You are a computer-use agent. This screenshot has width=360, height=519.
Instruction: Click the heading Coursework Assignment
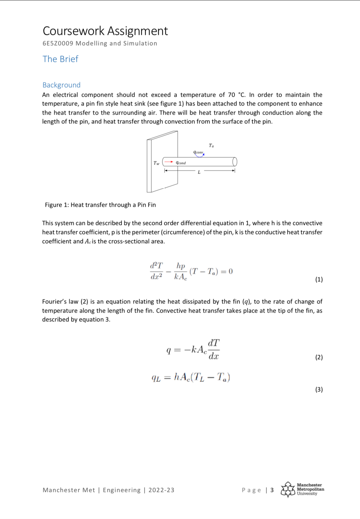(x=105, y=31)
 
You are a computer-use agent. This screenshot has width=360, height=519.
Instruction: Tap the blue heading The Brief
(x=60, y=59)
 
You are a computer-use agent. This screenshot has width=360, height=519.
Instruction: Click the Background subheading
(x=61, y=85)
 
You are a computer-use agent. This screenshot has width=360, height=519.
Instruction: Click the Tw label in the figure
(x=156, y=163)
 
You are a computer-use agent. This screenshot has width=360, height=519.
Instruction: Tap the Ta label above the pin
(x=211, y=146)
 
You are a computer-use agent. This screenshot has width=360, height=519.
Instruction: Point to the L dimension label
(x=199, y=172)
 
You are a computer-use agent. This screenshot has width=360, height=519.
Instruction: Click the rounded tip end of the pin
(x=235, y=161)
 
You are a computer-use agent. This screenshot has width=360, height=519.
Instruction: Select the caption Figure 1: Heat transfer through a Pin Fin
(x=100, y=205)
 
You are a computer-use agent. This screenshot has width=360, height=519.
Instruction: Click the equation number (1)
(x=319, y=279)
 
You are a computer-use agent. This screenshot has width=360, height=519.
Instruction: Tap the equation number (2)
(x=319, y=357)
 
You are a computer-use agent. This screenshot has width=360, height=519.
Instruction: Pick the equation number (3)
(x=319, y=389)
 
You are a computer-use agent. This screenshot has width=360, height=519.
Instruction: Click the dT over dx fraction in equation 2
(x=214, y=349)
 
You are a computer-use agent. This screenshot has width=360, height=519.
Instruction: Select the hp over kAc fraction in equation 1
(x=180, y=271)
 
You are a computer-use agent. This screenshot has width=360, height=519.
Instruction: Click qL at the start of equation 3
(x=156, y=378)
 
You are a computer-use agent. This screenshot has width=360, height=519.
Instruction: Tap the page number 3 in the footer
(x=272, y=490)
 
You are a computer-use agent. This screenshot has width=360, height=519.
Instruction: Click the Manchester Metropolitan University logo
(x=302, y=489)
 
